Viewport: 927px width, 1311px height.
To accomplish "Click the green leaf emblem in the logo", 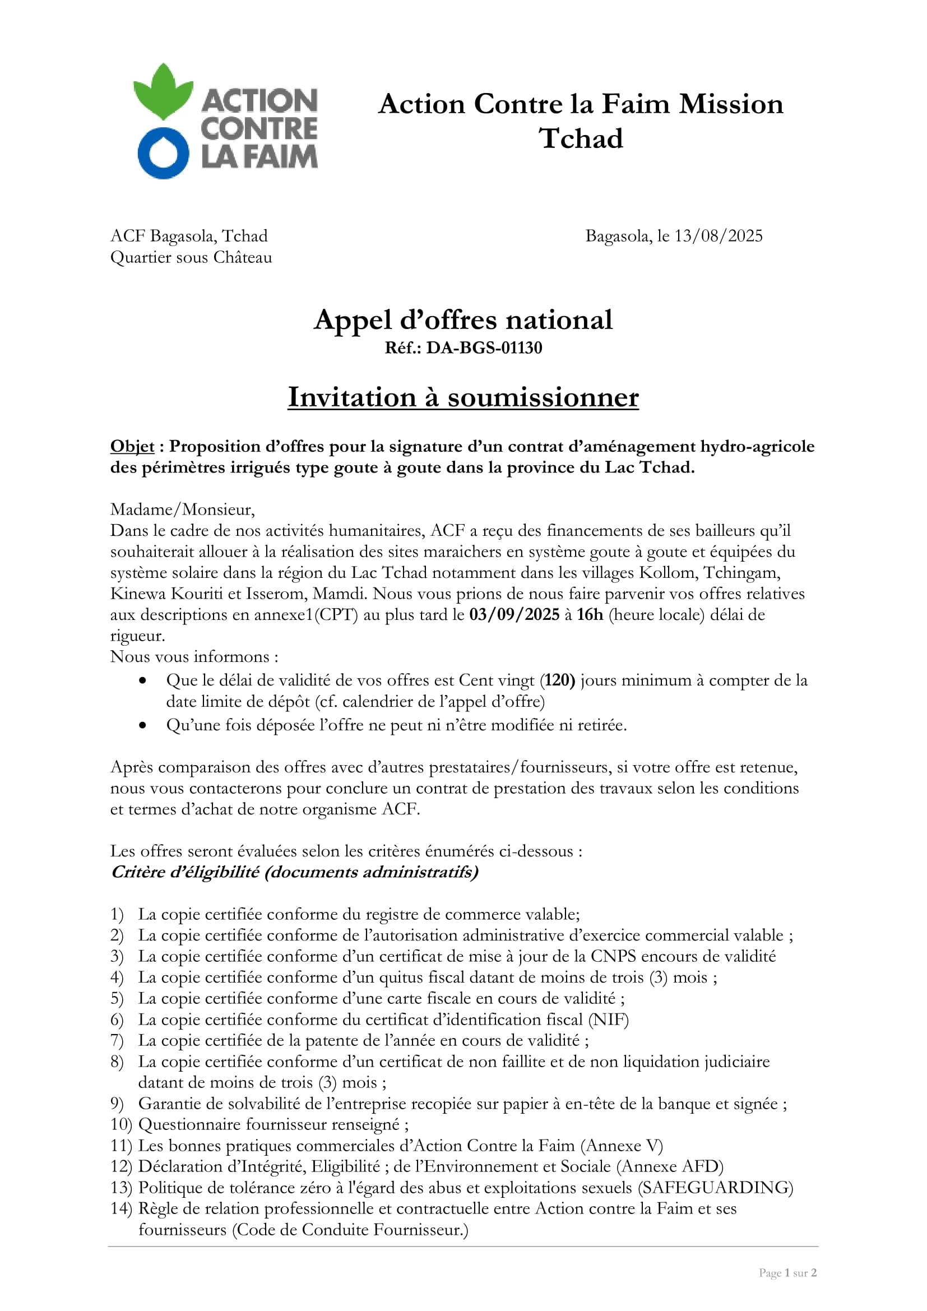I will pos(163,91).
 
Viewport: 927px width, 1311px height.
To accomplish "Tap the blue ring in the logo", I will pos(163,154).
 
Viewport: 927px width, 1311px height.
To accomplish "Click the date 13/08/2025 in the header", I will pos(718,236).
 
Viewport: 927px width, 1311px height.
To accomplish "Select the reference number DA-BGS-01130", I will pos(484,348).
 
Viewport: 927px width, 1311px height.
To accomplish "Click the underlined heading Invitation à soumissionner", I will pos(463,397).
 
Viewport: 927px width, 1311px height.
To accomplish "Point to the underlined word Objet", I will pos(132,447).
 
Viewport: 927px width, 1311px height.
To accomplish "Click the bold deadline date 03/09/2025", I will pos(515,615).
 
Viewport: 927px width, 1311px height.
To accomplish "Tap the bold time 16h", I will pos(590,615).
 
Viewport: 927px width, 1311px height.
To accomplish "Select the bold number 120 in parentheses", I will pos(558,680).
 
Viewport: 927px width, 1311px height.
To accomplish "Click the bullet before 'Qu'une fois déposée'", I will pos(143,726).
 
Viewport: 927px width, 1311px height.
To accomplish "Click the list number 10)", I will pos(121,1125).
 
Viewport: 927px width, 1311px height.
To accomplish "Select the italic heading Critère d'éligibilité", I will pos(295,873).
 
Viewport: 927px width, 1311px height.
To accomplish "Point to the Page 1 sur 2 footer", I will pos(787,1273).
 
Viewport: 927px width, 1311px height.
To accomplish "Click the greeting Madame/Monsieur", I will pos(183,509).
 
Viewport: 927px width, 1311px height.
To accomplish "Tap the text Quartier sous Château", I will pos(191,257).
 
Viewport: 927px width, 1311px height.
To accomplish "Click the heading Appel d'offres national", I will pos(463,319).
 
